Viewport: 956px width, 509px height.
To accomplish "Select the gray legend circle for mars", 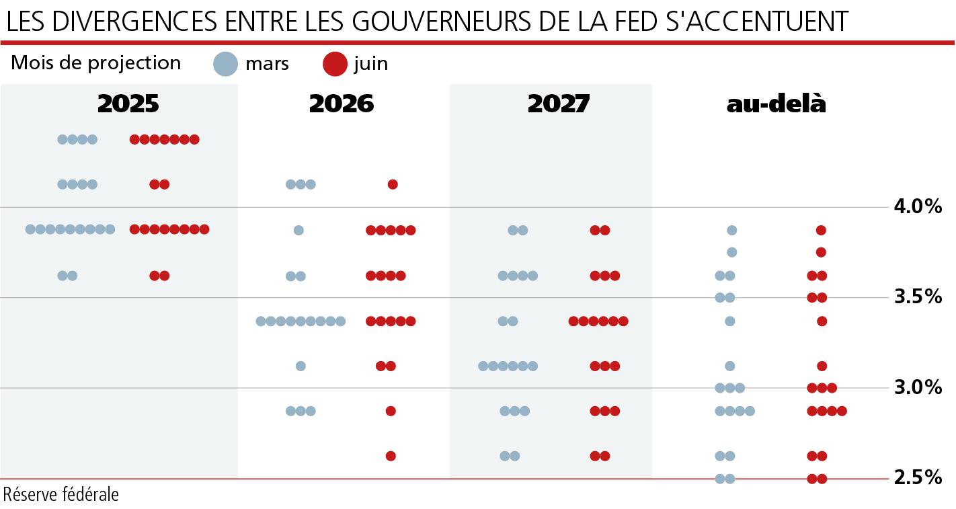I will pos(226,65).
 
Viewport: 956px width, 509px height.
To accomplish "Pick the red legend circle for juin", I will pos(333,65).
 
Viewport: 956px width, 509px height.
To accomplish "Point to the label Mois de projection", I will pos(96,63).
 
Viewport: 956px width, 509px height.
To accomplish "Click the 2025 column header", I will pos(128,104).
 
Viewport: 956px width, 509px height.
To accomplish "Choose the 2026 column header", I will pos(342,104).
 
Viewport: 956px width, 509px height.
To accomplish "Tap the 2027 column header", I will pos(558,104).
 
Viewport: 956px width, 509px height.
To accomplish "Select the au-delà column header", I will pos(776,104).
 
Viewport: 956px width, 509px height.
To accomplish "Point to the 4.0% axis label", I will pos(918,206).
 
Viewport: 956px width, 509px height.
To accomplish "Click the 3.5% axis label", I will pos(918,297).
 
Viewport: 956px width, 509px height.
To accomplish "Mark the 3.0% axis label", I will pos(918,387).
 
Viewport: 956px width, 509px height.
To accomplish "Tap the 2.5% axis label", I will pos(918,478).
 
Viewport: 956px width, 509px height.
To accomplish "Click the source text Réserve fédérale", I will pos(61,495).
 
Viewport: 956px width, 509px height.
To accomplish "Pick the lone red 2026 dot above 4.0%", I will pos(393,184).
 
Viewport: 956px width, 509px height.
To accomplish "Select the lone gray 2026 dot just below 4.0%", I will pos(298,230).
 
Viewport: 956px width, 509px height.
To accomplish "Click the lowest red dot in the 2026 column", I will pos(391,456).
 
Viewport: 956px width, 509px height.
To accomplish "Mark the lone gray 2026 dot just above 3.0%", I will pos(301,366).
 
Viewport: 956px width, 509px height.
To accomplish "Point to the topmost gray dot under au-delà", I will pos(731,230).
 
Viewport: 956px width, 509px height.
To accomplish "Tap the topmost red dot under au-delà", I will pos(821,230).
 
